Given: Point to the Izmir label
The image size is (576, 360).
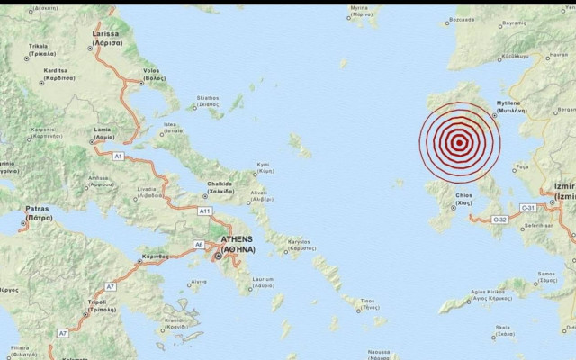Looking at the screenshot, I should tap(565, 191).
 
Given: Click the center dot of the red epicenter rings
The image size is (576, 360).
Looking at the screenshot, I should tap(459, 141).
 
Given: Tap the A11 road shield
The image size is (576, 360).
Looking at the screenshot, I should tap(204, 210).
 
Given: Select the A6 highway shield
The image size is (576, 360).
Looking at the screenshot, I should tap(199, 245).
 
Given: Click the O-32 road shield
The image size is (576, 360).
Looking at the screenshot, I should tap(500, 219).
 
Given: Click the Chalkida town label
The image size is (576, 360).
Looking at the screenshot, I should tap(220, 186).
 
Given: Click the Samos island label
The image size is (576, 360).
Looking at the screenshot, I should tap(545, 274).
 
